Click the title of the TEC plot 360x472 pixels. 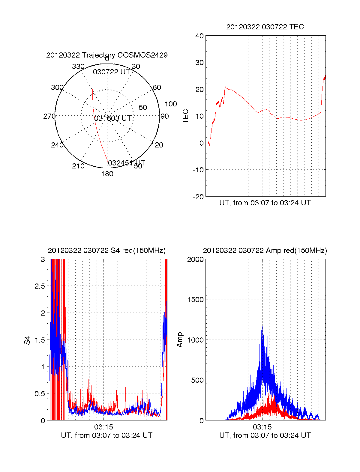coord(265,27)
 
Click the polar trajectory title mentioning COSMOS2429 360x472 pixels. coord(107,55)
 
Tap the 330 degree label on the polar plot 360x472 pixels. coord(78,67)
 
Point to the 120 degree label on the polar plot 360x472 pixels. coord(157,145)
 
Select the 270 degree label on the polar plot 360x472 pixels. coord(49,116)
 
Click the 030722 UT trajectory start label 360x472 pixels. coord(111,72)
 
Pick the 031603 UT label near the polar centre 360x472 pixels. coord(113,118)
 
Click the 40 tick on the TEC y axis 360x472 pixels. coord(199,36)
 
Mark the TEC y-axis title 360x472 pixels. coord(186,116)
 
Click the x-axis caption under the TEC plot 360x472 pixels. coord(265,203)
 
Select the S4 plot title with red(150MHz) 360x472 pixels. coord(107,251)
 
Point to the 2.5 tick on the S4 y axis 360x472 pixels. coord(40,286)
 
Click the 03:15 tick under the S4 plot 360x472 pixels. coord(103,427)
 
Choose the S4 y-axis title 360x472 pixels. coord(27,340)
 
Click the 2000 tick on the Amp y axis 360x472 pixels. coord(195,260)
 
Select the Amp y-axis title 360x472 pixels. coord(180,340)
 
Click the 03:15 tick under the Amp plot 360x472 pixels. coord(262,427)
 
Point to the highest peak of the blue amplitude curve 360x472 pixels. coord(262,326)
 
